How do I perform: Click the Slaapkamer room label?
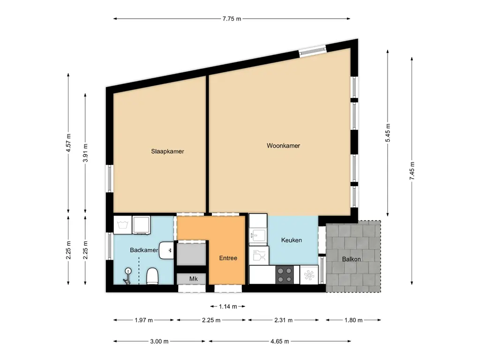coord(167,151)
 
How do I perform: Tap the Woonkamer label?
coord(283,146)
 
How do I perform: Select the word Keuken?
coord(292,240)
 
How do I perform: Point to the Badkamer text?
coord(144,250)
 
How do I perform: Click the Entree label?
coord(228,258)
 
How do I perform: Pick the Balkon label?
coord(351,259)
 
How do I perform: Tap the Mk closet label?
coord(194,278)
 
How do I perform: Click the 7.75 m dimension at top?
coord(232,19)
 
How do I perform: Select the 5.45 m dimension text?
coord(388,133)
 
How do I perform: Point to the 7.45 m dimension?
coord(412,171)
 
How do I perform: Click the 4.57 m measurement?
coord(68,143)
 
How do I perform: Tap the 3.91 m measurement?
coord(85,153)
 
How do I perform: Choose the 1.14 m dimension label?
coord(228,307)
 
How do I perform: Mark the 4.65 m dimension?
coord(279,341)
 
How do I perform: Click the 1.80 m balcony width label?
coord(353,320)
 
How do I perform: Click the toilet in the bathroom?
coord(152,276)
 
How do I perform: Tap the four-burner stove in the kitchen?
coord(285,275)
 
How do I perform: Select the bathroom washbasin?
coord(166,250)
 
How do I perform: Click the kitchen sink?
coord(258,236)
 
